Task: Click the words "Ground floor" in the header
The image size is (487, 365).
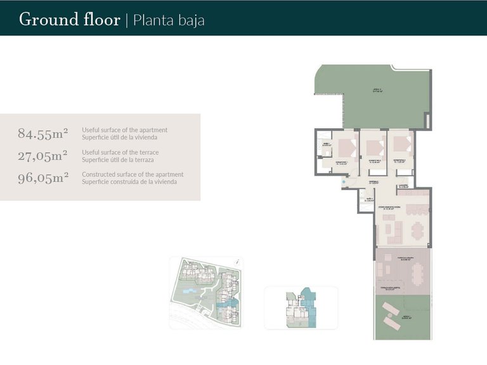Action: (69, 19)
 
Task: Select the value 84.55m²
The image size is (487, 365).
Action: (43, 133)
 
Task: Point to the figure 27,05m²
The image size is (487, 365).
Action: (43, 155)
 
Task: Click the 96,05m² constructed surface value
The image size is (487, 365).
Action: (43, 177)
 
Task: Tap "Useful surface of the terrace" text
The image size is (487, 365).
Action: (120, 152)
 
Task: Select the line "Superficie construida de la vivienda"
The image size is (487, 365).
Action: (129, 182)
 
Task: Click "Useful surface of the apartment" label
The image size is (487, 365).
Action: (124, 130)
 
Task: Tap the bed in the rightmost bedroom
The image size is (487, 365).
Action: (401, 145)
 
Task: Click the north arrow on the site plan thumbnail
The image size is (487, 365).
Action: (236, 261)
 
